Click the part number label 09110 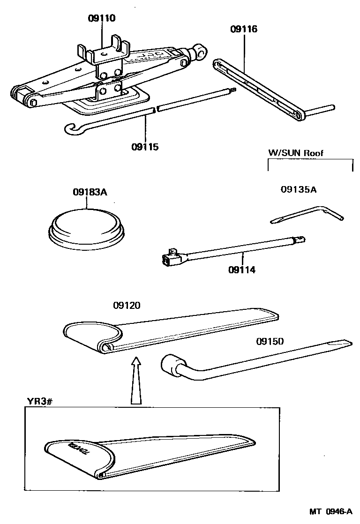(102, 19)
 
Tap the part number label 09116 (244, 29)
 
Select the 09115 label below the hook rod (145, 147)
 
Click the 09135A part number (298, 189)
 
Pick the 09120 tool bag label (127, 305)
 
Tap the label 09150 (270, 341)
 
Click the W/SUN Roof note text (295, 153)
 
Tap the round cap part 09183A (88, 227)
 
